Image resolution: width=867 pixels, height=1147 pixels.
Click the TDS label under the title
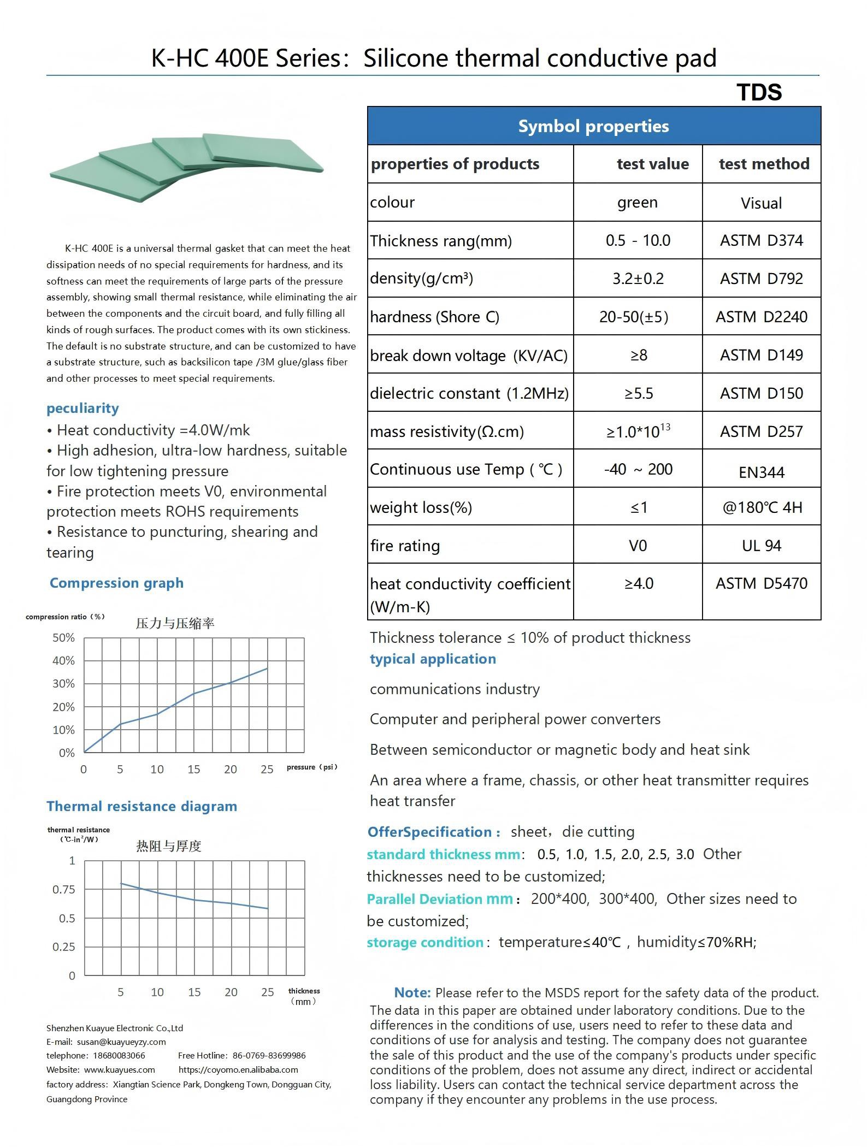[x=759, y=92]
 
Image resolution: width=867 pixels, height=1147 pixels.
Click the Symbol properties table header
[x=593, y=126]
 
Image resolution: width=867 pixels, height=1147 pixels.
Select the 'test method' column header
[x=763, y=164]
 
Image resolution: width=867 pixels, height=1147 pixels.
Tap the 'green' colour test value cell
[x=637, y=203]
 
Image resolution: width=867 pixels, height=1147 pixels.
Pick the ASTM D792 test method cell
[x=761, y=279]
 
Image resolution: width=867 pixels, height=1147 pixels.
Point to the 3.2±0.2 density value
[x=638, y=279]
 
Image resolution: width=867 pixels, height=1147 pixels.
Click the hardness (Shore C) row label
[x=434, y=317]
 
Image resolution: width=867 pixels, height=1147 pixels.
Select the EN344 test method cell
[x=761, y=472]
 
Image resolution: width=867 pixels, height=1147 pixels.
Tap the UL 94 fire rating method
[x=761, y=546]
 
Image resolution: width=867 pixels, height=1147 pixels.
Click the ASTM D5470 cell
[x=761, y=583]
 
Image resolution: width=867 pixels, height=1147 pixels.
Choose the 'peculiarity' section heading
[x=82, y=409]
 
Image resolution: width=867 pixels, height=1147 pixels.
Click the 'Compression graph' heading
[x=116, y=583]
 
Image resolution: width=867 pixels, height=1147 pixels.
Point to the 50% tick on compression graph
[x=63, y=638]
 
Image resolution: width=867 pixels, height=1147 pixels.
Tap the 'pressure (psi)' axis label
[x=311, y=767]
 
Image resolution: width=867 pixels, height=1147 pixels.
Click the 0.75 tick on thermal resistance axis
[x=63, y=890]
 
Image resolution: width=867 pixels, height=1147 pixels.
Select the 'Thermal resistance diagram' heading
[x=141, y=807]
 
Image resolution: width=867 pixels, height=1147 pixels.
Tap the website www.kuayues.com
[x=119, y=1069]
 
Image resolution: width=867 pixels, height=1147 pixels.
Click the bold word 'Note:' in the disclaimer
[x=412, y=992]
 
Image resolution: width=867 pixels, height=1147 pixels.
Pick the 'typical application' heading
[x=433, y=659]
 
